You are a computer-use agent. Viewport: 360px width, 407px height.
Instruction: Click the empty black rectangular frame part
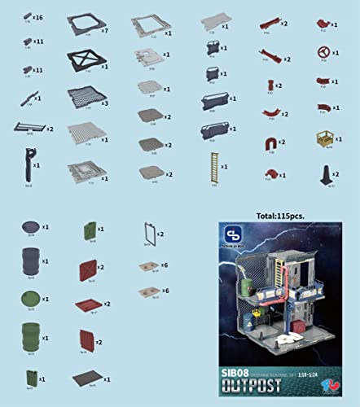pyautogui.click(x=147, y=234)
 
